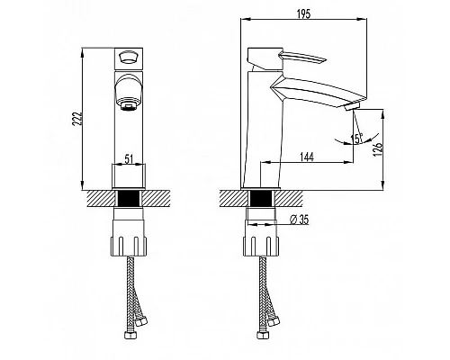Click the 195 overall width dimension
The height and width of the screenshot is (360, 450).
(x=304, y=14)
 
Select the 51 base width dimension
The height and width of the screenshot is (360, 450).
(x=129, y=159)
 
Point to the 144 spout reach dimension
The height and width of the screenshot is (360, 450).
(x=307, y=157)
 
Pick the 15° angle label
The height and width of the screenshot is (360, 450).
(x=356, y=139)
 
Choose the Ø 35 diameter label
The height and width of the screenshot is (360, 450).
(x=299, y=220)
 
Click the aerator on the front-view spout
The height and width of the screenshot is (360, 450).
(x=129, y=106)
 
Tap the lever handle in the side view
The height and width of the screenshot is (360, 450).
(x=302, y=58)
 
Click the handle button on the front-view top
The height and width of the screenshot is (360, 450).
(x=129, y=58)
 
